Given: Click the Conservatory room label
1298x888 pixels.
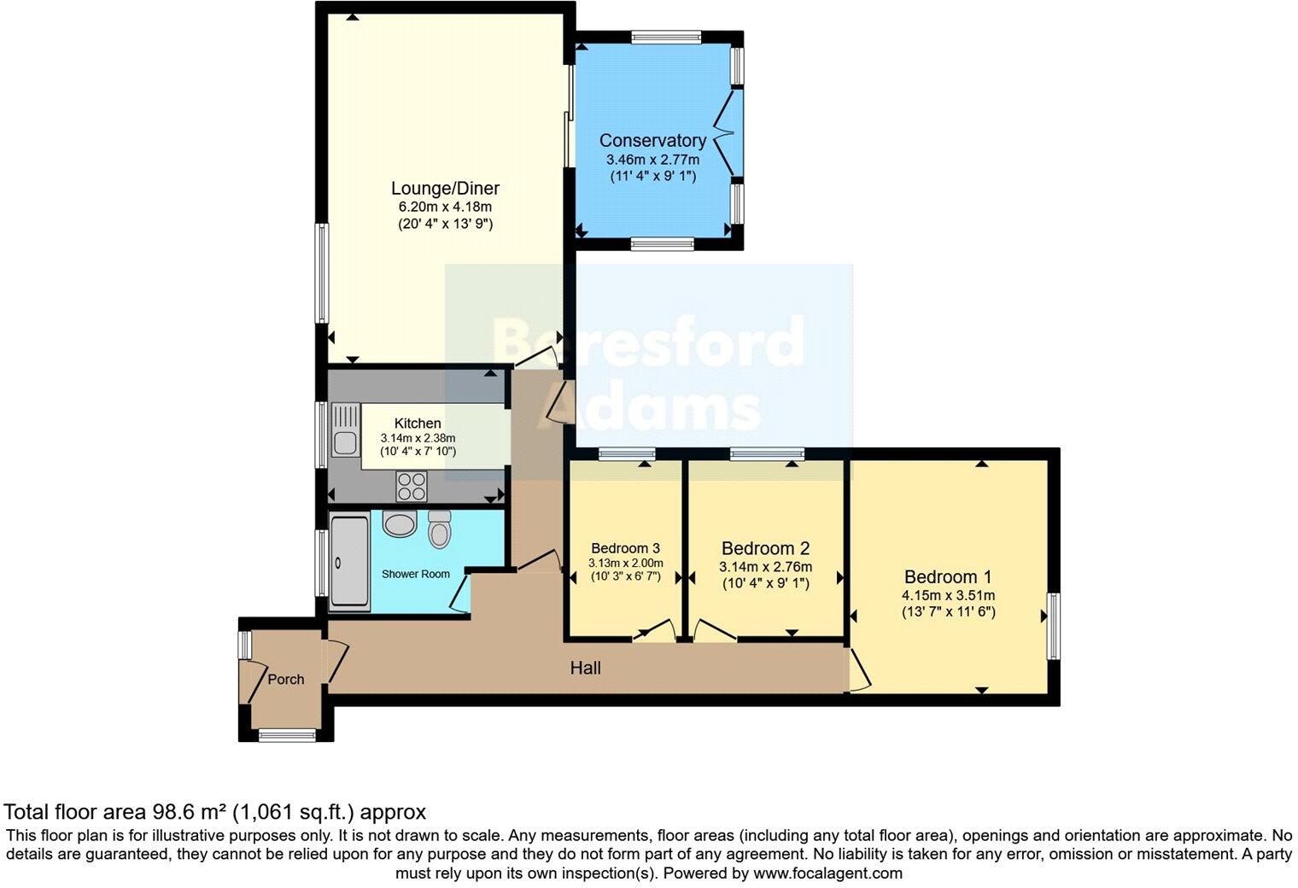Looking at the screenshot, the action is pyautogui.click(x=652, y=141).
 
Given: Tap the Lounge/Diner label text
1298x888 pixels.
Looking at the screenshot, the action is pyautogui.click(x=445, y=188).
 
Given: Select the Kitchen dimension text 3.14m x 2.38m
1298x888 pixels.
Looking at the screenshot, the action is pyautogui.click(x=418, y=439).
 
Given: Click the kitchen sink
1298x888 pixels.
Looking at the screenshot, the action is pyautogui.click(x=346, y=430).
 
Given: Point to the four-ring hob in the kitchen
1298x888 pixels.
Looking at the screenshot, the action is pyautogui.click(x=412, y=486).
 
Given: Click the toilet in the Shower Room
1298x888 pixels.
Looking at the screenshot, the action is pyautogui.click(x=440, y=529).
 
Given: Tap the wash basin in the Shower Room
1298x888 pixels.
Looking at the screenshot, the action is pyautogui.click(x=400, y=524).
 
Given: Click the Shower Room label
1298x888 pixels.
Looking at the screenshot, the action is pyautogui.click(x=416, y=574).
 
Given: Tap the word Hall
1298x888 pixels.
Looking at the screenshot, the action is pyautogui.click(x=585, y=669).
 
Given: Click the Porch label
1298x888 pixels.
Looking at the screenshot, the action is pyautogui.click(x=286, y=680).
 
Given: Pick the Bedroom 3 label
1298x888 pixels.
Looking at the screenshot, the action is pyautogui.click(x=626, y=548).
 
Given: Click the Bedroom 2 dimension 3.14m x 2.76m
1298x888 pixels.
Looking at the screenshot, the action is pyautogui.click(x=765, y=566).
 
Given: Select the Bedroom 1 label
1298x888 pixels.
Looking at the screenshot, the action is pyautogui.click(x=948, y=577).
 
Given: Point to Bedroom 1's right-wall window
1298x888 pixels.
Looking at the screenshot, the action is pyautogui.click(x=1054, y=626).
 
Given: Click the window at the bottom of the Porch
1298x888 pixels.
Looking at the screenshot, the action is pyautogui.click(x=287, y=736).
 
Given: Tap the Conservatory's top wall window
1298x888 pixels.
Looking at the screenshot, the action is pyautogui.click(x=666, y=37).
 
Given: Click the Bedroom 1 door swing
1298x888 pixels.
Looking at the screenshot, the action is pyautogui.click(x=861, y=670).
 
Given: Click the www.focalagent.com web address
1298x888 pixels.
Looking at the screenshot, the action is pyautogui.click(x=827, y=873).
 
